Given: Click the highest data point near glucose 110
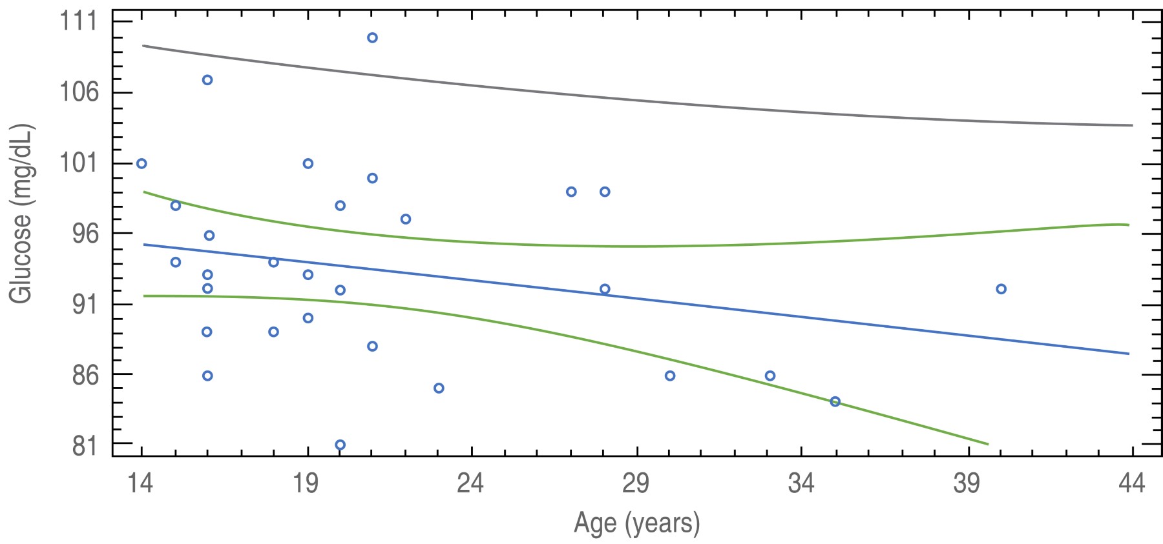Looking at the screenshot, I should pyautogui.click(x=372, y=37).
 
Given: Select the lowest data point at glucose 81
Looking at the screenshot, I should pyautogui.click(x=340, y=445).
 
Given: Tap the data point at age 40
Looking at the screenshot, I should pyautogui.click(x=1001, y=289).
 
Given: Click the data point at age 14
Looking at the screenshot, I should pyautogui.click(x=141, y=163).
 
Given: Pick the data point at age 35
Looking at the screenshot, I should pyautogui.click(x=835, y=401).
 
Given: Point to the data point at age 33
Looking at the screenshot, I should pyautogui.click(x=770, y=376).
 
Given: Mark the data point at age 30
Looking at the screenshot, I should pyautogui.click(x=670, y=376).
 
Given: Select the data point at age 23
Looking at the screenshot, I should pyautogui.click(x=439, y=388).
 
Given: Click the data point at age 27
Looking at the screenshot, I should pyautogui.click(x=571, y=192).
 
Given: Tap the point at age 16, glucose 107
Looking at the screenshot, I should pyautogui.click(x=207, y=80).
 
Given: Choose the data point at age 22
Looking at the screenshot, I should pyautogui.click(x=406, y=219).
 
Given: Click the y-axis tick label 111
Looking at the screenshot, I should pyautogui.click(x=78, y=22).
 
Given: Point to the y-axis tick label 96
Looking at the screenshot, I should pyautogui.click(x=85, y=234).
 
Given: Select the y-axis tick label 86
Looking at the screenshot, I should pyautogui.click(x=85, y=375).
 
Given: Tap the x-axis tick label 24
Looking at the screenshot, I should pyautogui.click(x=470, y=483).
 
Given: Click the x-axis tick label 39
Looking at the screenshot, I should pyautogui.click(x=967, y=483).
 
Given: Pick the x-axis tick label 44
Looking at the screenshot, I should pyautogui.click(x=1131, y=483).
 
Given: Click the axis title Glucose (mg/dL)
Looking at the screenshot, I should pyautogui.click(x=21, y=213).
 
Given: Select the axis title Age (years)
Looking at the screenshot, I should pyautogui.click(x=636, y=523).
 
